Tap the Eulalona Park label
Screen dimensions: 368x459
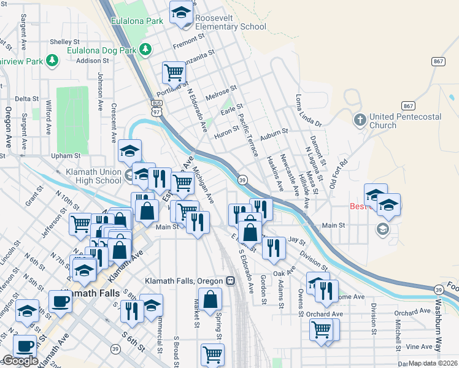pyautogui.click(x=137, y=21)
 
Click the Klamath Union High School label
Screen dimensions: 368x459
pyautogui.click(x=93, y=177)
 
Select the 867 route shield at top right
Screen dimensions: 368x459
pyautogui.click(x=438, y=61)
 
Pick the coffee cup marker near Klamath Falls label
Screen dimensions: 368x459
pyautogui.click(x=60, y=301)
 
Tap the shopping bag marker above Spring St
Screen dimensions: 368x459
pyautogui.click(x=210, y=301)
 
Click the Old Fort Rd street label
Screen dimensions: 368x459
pyautogui.click(x=339, y=175)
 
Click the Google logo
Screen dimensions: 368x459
pyautogui.click(x=20, y=361)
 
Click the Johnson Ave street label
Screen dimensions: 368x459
pyautogui.click(x=100, y=91)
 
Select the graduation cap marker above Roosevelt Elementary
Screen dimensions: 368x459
pyautogui.click(x=182, y=13)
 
